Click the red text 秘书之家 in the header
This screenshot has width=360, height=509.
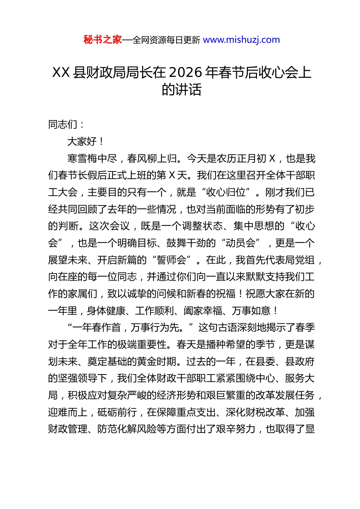click(x=102, y=40)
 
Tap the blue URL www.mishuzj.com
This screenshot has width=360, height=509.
click(x=241, y=40)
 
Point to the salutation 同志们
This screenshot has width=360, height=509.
click(x=63, y=125)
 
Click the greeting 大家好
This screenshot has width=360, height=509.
click(x=82, y=142)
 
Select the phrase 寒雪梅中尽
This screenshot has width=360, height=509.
click(x=92, y=159)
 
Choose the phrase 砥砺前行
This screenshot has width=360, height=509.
click(x=117, y=412)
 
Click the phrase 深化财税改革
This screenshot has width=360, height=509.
click(x=255, y=412)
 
